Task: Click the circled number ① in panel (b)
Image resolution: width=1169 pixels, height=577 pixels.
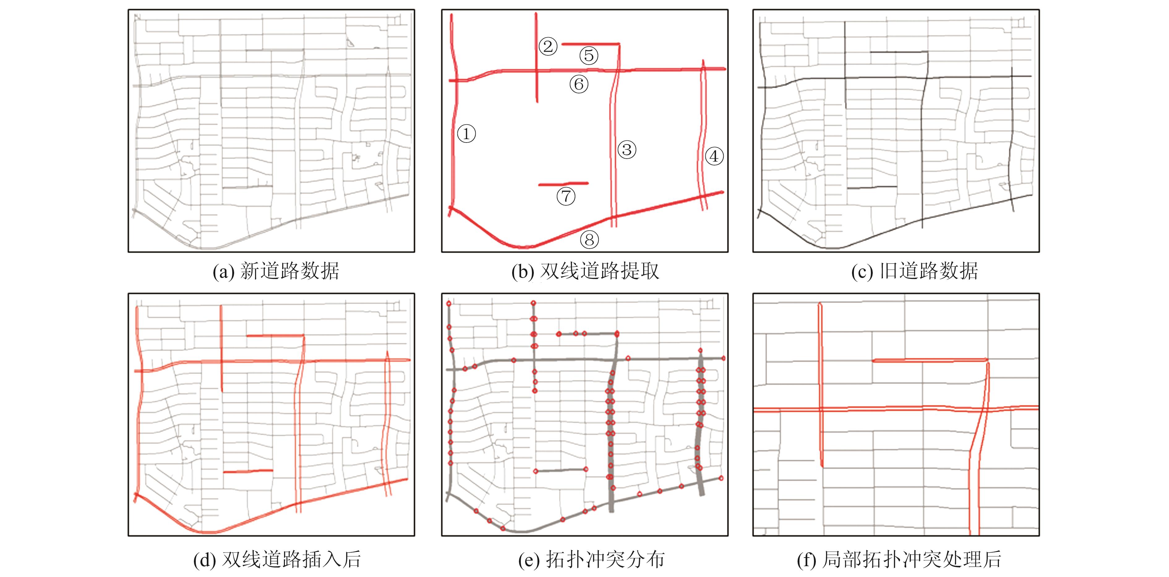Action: coord(466,134)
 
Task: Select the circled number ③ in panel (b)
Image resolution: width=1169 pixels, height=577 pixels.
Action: coord(627,149)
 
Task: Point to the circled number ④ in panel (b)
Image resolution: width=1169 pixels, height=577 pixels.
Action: coord(714,156)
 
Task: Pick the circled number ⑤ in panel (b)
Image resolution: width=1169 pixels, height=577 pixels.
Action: coord(589,56)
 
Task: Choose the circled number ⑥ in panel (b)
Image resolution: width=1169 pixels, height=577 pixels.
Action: coord(579,84)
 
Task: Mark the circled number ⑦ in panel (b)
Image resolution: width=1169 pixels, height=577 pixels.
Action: coord(566,196)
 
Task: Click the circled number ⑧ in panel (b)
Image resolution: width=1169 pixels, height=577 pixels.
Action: coord(589,240)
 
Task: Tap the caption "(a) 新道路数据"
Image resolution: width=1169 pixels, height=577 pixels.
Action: coord(276,271)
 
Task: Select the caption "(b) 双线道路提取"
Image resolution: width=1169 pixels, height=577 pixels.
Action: coord(585,271)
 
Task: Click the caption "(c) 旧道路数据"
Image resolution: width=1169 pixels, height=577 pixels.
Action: coord(914,271)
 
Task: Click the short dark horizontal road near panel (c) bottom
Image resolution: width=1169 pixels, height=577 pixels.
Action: coord(872,187)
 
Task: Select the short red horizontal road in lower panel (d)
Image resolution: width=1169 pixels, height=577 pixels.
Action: coord(248,471)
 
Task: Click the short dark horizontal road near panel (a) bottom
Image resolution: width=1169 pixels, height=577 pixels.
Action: coord(247,186)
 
